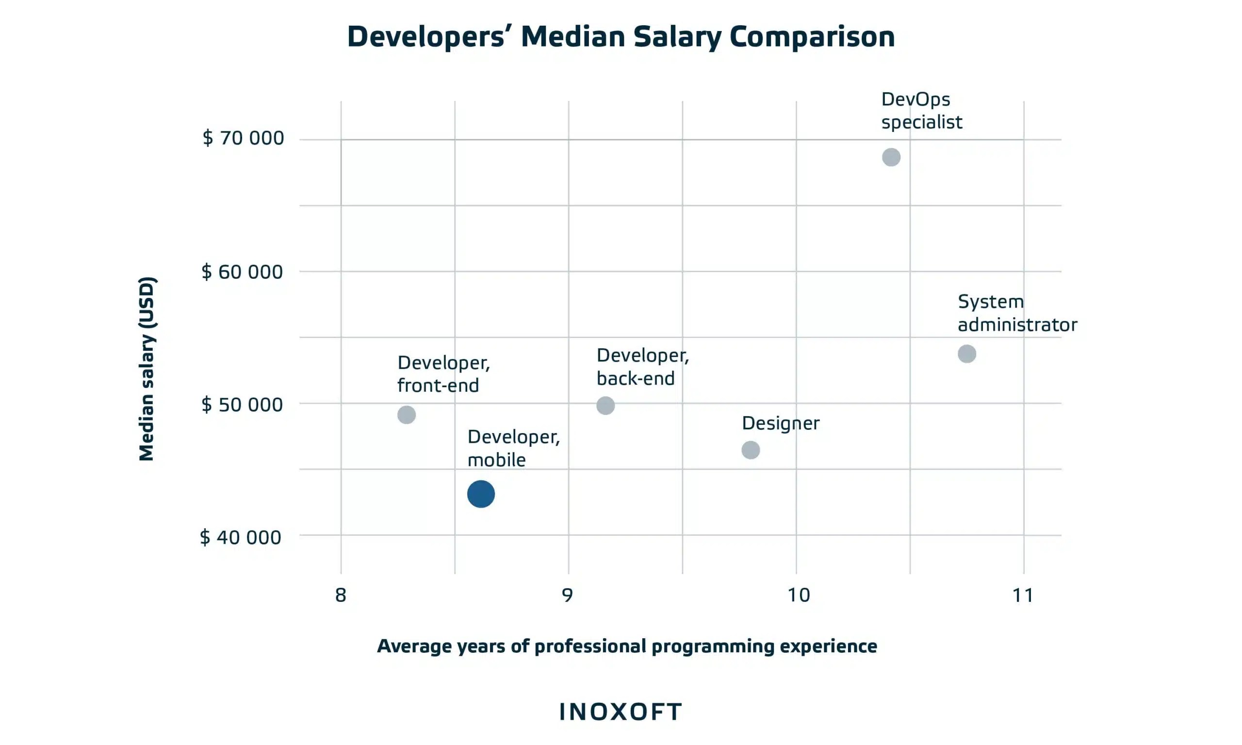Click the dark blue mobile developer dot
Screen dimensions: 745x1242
480,494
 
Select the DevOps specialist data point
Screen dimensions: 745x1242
891,157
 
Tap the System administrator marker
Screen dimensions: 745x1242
966,354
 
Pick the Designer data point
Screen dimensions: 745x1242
751,450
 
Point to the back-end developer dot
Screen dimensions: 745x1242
605,405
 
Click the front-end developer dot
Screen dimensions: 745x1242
406,415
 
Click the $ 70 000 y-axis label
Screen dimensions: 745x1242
243,138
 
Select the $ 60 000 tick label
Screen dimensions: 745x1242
242,272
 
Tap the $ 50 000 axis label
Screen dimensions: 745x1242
242,405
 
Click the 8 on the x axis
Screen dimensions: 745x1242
341,596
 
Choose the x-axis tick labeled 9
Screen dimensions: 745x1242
567,596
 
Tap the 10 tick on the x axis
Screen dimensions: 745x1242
798,596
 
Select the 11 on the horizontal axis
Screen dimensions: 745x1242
1023,596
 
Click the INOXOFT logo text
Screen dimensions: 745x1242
621,712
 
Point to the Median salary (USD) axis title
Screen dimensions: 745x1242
147,369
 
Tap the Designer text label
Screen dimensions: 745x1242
781,423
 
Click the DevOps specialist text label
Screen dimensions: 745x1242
921,111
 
